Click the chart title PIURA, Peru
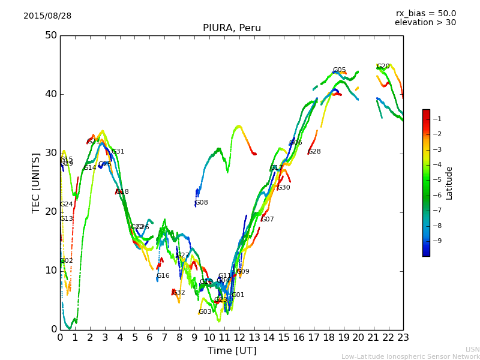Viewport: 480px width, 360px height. point(232,28)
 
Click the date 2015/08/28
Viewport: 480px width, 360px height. point(47,16)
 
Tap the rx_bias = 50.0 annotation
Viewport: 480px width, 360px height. point(425,14)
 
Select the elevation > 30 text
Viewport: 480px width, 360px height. point(425,23)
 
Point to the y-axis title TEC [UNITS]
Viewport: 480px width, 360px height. point(37,182)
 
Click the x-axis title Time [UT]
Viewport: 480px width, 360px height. point(232,351)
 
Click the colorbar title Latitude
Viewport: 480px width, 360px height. point(449,182)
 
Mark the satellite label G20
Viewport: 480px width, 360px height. point(383,67)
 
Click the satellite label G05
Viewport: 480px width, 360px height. point(339,70)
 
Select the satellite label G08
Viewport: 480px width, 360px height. point(201,203)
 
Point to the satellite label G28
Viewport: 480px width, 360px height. point(314,152)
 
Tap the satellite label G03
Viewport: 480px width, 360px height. point(205,312)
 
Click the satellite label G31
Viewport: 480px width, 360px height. point(118,152)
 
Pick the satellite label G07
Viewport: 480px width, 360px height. point(267,220)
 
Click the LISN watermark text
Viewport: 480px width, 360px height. point(472,349)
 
